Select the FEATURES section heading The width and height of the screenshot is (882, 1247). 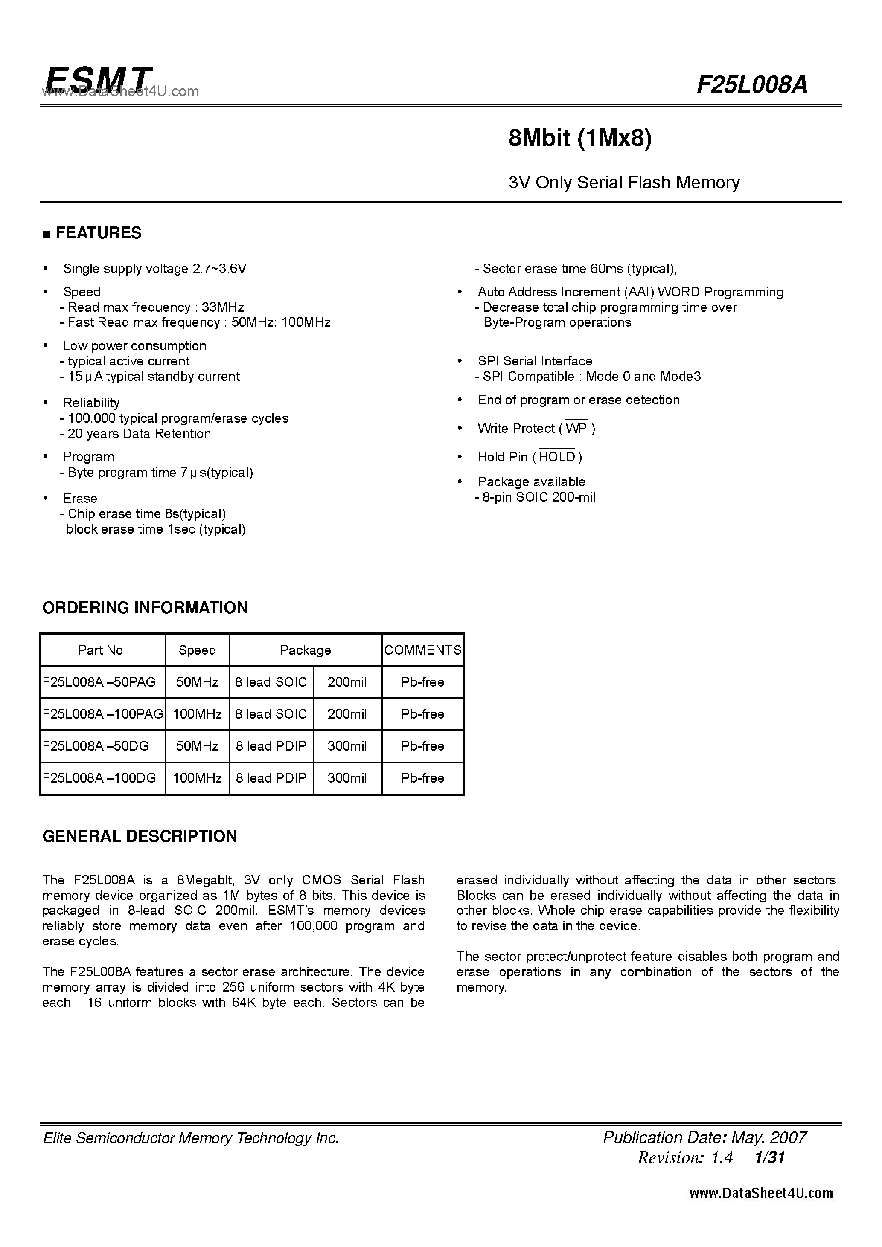click(x=98, y=233)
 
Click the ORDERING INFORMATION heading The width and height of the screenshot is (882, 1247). click(x=145, y=608)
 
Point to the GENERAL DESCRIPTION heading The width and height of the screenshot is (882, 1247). click(x=140, y=836)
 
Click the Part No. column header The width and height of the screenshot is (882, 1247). click(x=102, y=650)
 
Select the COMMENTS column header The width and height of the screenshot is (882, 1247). click(x=423, y=650)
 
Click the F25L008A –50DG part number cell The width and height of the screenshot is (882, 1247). click(x=96, y=746)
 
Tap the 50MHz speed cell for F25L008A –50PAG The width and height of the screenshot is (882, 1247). click(x=197, y=682)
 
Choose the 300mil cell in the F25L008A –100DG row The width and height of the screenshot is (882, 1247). click(x=347, y=778)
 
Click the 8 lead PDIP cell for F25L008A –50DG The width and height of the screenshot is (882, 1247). click(x=271, y=746)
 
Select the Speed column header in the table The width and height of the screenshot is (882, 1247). click(x=197, y=650)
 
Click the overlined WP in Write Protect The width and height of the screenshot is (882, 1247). click(x=576, y=429)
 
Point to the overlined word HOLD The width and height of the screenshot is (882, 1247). click(x=556, y=457)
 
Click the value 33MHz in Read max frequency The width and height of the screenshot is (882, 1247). click(x=223, y=307)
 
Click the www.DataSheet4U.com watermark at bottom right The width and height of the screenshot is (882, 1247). click(x=761, y=1193)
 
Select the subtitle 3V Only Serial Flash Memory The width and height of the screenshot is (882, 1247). click(x=624, y=183)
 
